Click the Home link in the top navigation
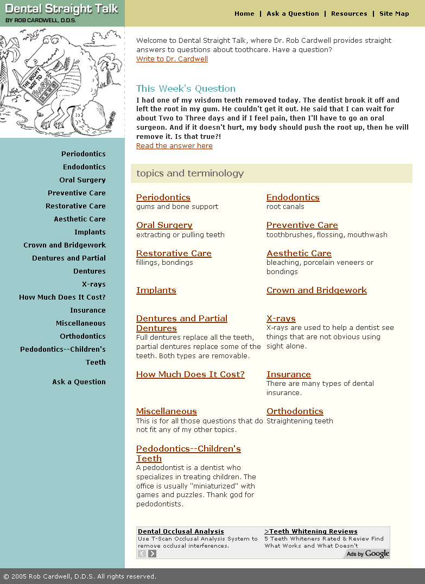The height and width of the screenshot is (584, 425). tap(244, 14)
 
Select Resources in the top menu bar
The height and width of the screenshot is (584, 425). tap(349, 14)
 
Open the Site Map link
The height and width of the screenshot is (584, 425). tap(394, 14)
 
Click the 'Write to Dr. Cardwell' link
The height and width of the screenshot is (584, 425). tap(172, 59)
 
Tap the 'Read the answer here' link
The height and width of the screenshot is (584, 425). tap(174, 146)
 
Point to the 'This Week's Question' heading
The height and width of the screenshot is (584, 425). tap(186, 88)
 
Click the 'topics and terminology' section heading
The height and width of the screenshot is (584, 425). tap(190, 174)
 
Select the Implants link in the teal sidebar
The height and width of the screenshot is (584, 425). tap(90, 232)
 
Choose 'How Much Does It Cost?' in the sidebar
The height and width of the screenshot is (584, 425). tap(62, 297)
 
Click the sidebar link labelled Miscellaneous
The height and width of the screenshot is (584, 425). tap(81, 323)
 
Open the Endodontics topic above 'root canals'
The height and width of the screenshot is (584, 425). tap(293, 198)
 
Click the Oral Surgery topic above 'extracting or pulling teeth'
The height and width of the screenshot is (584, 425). tap(164, 225)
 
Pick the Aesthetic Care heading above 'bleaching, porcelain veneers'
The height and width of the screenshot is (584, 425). tap(299, 253)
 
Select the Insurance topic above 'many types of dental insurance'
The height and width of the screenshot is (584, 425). tap(288, 374)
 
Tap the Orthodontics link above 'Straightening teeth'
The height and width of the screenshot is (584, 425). tap(295, 411)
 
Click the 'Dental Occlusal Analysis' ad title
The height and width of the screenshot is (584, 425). tap(181, 532)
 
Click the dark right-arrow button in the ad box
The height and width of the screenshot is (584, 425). tap(153, 554)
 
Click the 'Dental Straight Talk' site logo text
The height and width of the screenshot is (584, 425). tap(62, 9)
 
